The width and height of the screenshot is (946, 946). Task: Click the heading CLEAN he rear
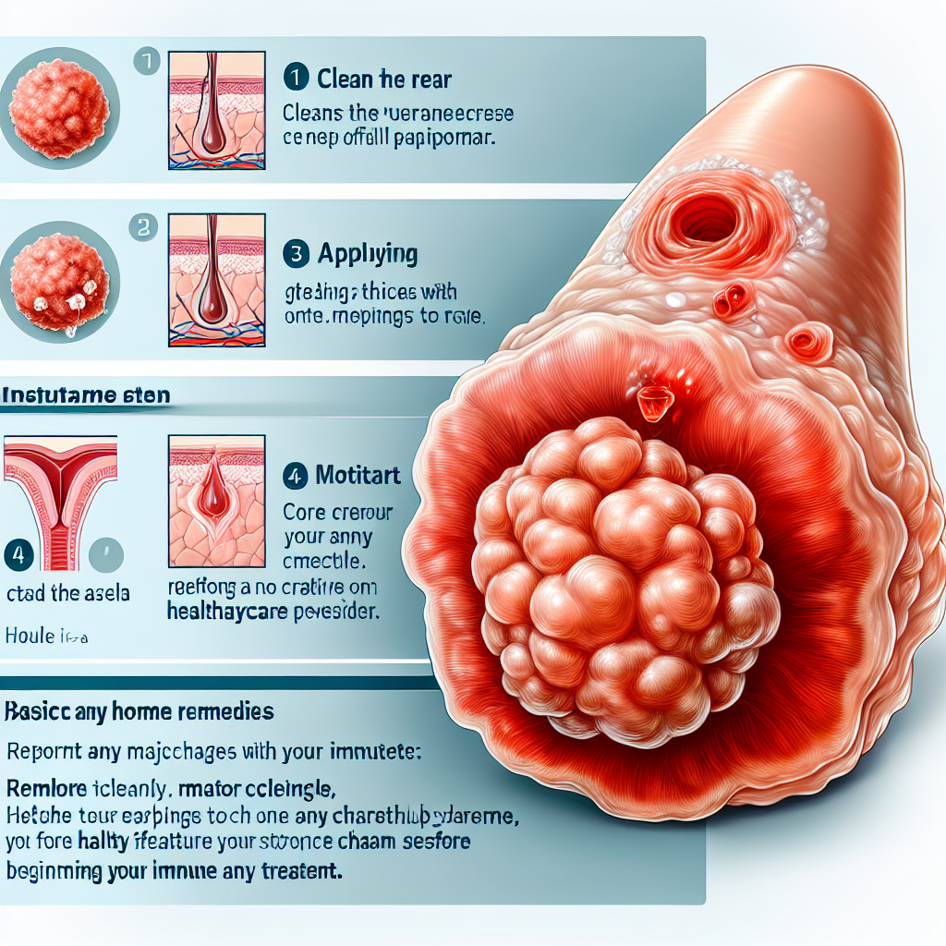pyautogui.click(x=383, y=79)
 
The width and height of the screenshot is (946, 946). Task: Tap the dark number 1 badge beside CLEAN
pyautogui.click(x=297, y=79)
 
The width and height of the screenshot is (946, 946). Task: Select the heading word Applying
pyautogui.click(x=367, y=253)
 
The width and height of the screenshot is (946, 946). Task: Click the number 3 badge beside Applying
pyautogui.click(x=297, y=252)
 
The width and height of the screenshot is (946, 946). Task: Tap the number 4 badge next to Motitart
pyautogui.click(x=296, y=477)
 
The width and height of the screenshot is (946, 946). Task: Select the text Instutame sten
pyautogui.click(x=85, y=395)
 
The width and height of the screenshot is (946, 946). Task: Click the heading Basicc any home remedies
pyautogui.click(x=139, y=712)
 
